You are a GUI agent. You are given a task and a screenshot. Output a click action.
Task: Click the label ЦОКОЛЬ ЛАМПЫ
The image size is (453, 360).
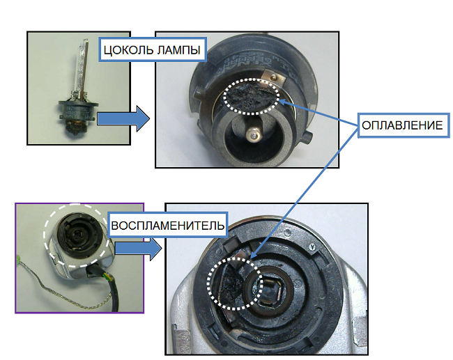tap(152, 49)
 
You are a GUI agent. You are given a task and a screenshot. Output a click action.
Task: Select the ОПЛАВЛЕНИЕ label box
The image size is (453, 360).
tap(404, 125)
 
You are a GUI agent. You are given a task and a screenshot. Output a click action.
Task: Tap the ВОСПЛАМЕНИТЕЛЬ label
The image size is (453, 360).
tap(167, 225)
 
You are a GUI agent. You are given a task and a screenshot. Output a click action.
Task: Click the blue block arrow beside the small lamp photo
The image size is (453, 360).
tap(123, 118)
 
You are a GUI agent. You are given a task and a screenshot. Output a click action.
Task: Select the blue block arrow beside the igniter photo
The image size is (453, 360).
tap(138, 248)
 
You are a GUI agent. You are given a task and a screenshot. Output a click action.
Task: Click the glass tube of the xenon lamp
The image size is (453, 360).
tap(82, 66)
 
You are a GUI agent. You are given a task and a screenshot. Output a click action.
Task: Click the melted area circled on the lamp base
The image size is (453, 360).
tap(252, 97)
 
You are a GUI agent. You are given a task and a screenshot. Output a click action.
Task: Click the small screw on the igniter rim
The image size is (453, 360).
tap(312, 246)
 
